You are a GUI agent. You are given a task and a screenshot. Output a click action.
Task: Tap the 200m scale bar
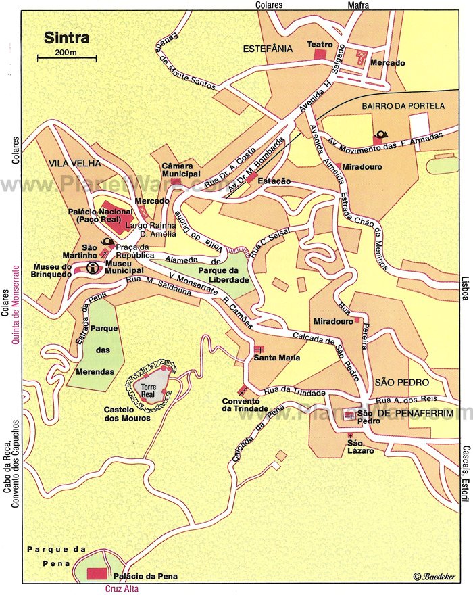pos(66,58)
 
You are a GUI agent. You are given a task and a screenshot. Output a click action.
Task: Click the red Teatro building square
pos(320,53)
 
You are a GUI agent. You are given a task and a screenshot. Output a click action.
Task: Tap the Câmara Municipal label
pos(181,170)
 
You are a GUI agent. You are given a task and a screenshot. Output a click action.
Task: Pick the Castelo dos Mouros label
pos(127,413)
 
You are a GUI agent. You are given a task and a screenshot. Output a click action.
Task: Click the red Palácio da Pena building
pos(97,574)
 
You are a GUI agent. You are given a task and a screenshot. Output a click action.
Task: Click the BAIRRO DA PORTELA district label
pos(403,105)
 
